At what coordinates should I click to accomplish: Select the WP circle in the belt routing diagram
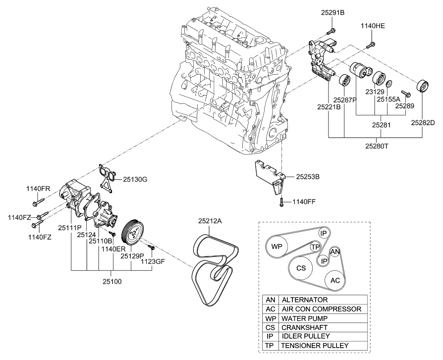(277, 246)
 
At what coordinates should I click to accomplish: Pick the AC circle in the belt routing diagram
(335, 280)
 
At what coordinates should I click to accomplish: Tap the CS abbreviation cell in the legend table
(270, 327)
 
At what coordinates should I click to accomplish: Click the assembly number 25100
(111, 281)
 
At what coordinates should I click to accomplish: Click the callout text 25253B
(309, 176)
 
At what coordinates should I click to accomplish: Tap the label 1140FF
(303, 202)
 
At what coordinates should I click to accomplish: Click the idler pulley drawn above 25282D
(422, 86)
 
